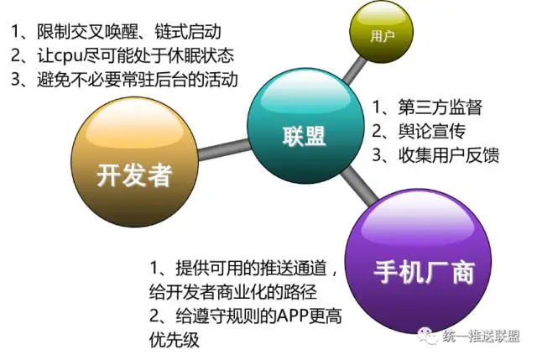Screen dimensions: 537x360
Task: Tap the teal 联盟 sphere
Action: tap(305, 126)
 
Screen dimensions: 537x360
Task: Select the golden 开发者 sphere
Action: tap(134, 162)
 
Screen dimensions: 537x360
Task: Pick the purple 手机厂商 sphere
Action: tap(418, 262)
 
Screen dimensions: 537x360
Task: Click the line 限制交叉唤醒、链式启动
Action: tap(116, 32)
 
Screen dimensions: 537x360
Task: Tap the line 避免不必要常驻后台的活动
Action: tap(124, 80)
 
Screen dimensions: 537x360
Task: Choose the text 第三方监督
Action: tap(440, 107)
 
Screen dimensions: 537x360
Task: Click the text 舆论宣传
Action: tap(432, 131)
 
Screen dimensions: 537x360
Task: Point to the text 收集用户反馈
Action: tap(449, 154)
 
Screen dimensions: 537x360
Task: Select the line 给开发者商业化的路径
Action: tap(233, 292)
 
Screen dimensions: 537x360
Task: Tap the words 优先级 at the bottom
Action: tap(174, 340)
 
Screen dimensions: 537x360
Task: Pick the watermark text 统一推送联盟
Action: tap(481, 337)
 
